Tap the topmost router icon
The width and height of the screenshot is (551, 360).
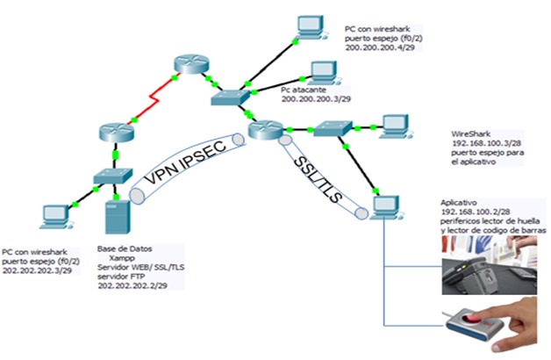pyautogui.click(x=187, y=64)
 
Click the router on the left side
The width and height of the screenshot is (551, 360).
pyautogui.click(x=115, y=133)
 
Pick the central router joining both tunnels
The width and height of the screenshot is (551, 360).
pyautogui.click(x=261, y=131)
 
